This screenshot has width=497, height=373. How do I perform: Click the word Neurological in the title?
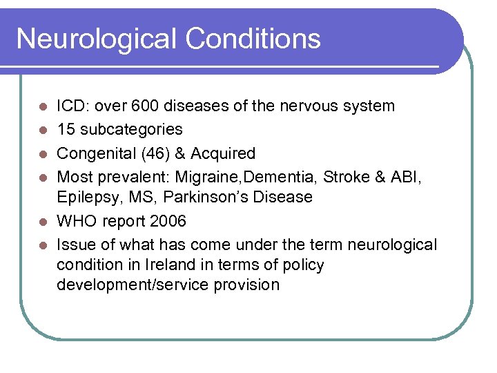point(94,39)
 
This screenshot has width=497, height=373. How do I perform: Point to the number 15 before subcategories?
point(66,130)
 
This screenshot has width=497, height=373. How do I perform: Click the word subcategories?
point(131,130)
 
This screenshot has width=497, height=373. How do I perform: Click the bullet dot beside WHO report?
point(43,222)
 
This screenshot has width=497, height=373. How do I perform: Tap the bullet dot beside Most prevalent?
point(43,178)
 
